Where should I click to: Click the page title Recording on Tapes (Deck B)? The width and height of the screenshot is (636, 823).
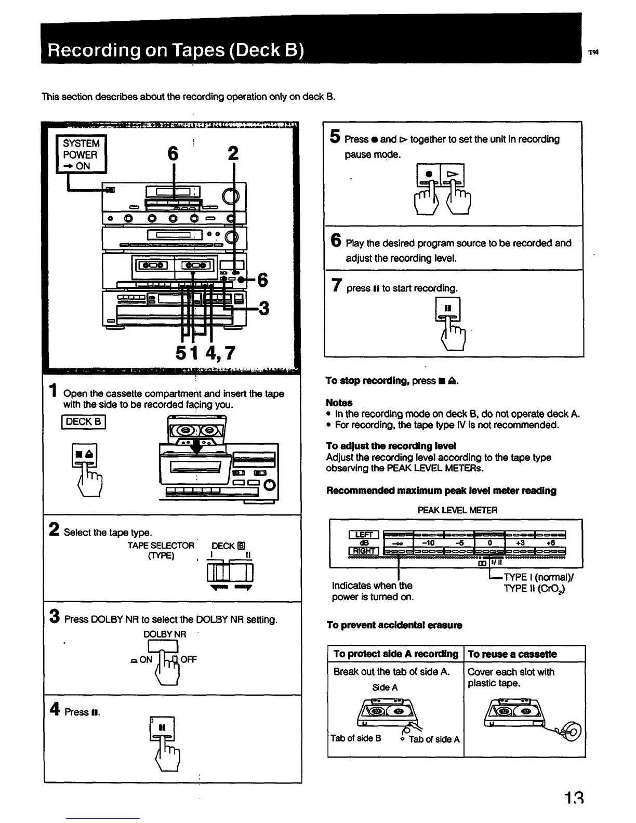(176, 51)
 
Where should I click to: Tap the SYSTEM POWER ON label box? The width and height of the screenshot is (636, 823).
(81, 154)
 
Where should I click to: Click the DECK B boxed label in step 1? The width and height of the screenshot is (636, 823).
(84, 421)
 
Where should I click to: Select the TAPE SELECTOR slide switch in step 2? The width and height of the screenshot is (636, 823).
(229, 573)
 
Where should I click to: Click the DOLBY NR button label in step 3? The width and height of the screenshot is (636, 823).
(164, 634)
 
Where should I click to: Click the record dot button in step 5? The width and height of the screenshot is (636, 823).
(429, 175)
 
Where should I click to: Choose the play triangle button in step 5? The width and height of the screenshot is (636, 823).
(453, 175)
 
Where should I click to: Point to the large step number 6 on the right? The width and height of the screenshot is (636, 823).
(336, 241)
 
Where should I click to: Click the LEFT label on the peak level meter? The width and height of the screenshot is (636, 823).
(364, 535)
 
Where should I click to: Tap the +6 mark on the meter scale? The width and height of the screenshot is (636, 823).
(550, 543)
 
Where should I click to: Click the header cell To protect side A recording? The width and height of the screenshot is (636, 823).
(395, 654)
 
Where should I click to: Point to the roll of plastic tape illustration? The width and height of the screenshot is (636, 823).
(569, 731)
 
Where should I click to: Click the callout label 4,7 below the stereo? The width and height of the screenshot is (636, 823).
(220, 353)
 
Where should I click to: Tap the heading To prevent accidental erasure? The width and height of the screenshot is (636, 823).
(394, 625)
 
